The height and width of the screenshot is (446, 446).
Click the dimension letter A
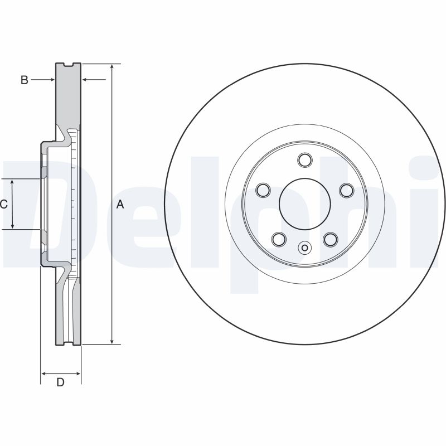pyautogui.click(x=120, y=205)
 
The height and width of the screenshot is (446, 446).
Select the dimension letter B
pyautogui.click(x=24, y=80)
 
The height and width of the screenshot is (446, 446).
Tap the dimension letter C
pyautogui.click(x=4, y=205)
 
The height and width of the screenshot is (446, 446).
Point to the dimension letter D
pyautogui.click(x=61, y=382)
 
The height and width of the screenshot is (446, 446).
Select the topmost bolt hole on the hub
pyautogui.click(x=304, y=161)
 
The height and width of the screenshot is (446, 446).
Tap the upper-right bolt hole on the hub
pyautogui.click(x=346, y=190)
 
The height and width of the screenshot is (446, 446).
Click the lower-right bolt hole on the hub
pyautogui.click(x=330, y=239)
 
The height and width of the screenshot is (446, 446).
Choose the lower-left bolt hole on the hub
pyautogui.click(x=279, y=239)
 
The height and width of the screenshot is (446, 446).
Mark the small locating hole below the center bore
pyautogui.click(x=304, y=248)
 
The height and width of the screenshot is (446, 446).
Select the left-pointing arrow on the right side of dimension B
pyautogui.click(x=86, y=80)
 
